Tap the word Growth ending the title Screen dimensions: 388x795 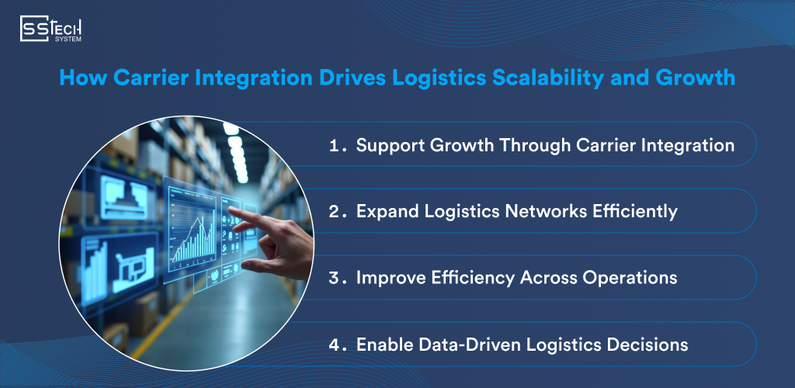click(695, 78)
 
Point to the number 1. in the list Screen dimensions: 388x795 click(336, 145)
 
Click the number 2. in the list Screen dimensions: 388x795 click(336, 211)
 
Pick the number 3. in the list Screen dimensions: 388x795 click(336, 278)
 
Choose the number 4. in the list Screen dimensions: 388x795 click(336, 345)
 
